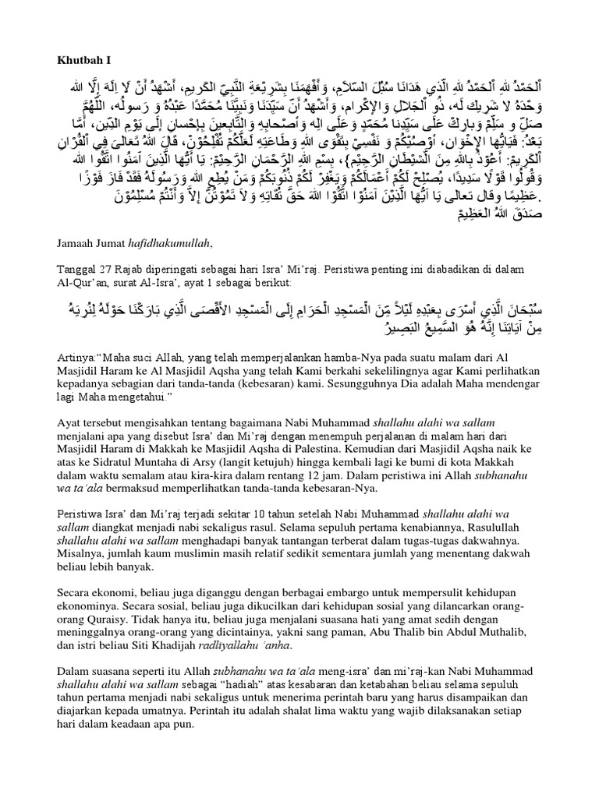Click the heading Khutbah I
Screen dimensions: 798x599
coord(84,59)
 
